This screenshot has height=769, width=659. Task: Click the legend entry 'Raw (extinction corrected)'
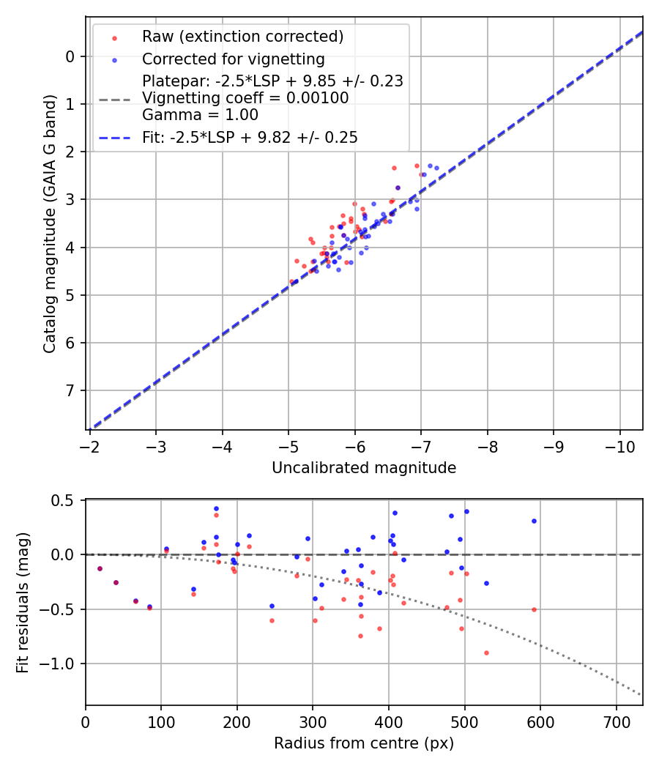pyautogui.click(x=242, y=37)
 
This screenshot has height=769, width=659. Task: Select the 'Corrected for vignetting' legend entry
pyautogui.click(x=233, y=59)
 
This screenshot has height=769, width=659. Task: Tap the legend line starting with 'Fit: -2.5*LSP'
pyautogui.click(x=250, y=137)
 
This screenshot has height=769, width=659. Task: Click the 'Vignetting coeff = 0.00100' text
pyautogui.click(x=245, y=97)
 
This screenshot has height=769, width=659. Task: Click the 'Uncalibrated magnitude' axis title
pyautogui.click(x=364, y=468)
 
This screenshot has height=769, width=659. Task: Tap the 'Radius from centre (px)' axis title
pyautogui.click(x=364, y=743)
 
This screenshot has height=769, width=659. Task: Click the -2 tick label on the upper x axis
pyautogui.click(x=90, y=447)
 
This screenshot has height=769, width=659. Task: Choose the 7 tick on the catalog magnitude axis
pyautogui.click(x=70, y=390)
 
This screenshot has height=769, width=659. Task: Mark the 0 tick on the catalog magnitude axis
pyautogui.click(x=70, y=56)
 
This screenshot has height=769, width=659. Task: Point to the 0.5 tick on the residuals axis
pyautogui.click(x=66, y=500)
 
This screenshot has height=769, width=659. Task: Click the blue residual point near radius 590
pyautogui.click(x=534, y=521)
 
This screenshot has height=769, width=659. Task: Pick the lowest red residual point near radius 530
pyautogui.click(x=486, y=653)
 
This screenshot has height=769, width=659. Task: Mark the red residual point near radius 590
pyautogui.click(x=534, y=609)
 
